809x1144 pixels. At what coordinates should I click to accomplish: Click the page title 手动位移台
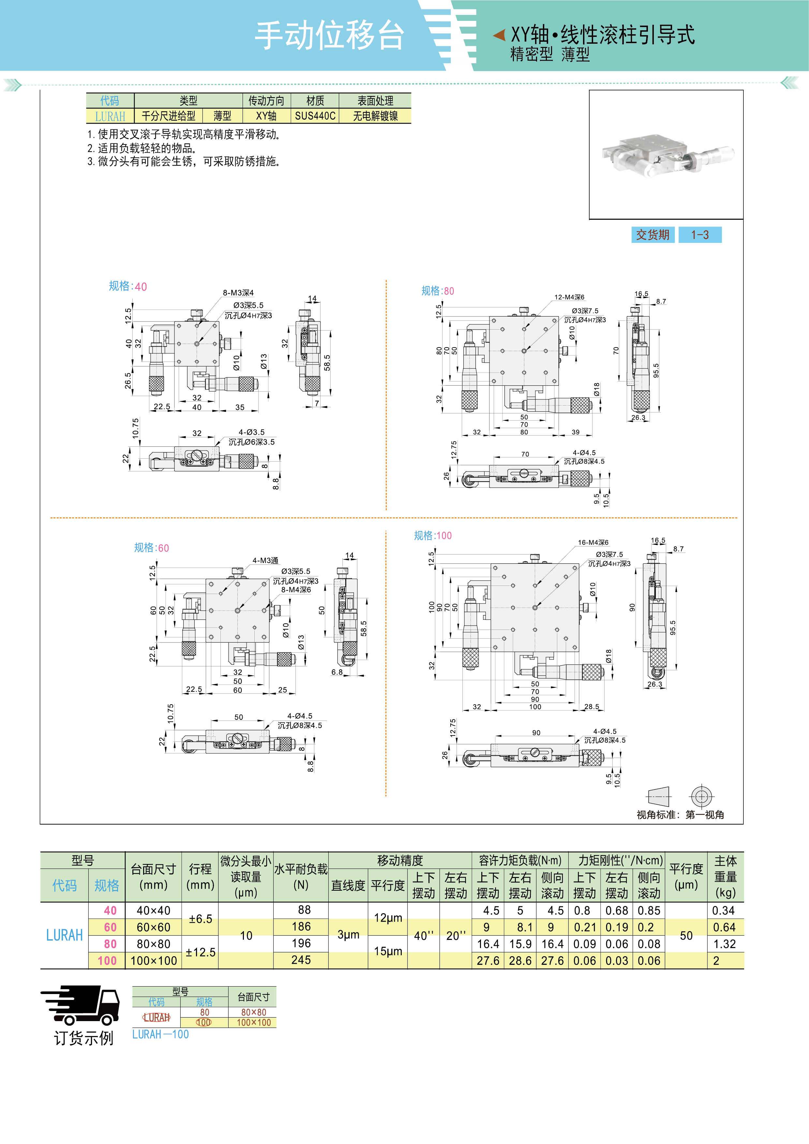point(329,36)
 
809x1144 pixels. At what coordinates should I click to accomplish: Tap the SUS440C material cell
point(315,116)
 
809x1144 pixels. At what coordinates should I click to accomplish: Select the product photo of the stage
point(666,155)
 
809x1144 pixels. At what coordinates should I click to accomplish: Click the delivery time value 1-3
point(699,235)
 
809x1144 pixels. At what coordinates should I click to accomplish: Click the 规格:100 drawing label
point(433,536)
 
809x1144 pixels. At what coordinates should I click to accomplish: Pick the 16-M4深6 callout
point(593,542)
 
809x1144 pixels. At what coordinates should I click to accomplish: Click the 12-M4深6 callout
point(569,297)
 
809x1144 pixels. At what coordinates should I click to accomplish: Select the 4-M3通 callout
point(265,560)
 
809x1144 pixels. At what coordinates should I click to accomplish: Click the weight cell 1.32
point(724,944)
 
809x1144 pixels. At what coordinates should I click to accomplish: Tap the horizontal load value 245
point(301,960)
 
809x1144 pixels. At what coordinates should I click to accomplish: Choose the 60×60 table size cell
point(154,927)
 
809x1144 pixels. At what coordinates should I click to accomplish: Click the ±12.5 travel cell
point(201,952)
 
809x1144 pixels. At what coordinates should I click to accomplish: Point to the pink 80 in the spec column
point(110,944)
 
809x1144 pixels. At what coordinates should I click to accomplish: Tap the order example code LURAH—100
point(160,1034)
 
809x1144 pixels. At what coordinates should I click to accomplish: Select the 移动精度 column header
point(400,860)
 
